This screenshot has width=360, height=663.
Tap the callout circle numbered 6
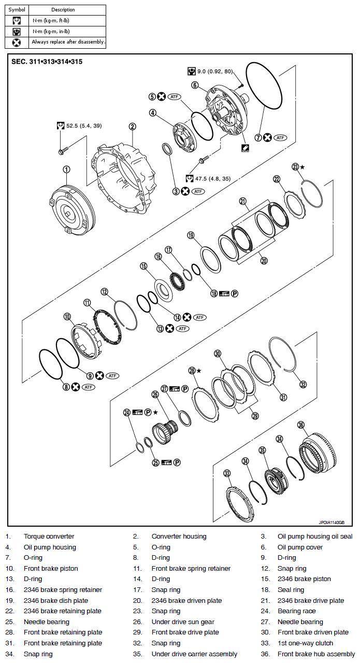tap(195, 85)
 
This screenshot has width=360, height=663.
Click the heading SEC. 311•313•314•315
tap(47, 62)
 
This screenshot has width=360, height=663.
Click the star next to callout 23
tap(303, 167)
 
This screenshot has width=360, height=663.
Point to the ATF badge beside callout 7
tap(280, 138)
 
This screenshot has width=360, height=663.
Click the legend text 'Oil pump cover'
tap(300, 547)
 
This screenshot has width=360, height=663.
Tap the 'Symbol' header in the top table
tap(17, 10)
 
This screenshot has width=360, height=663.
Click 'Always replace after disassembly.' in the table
tap(68, 42)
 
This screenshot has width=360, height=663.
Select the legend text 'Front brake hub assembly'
tap(316, 654)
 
